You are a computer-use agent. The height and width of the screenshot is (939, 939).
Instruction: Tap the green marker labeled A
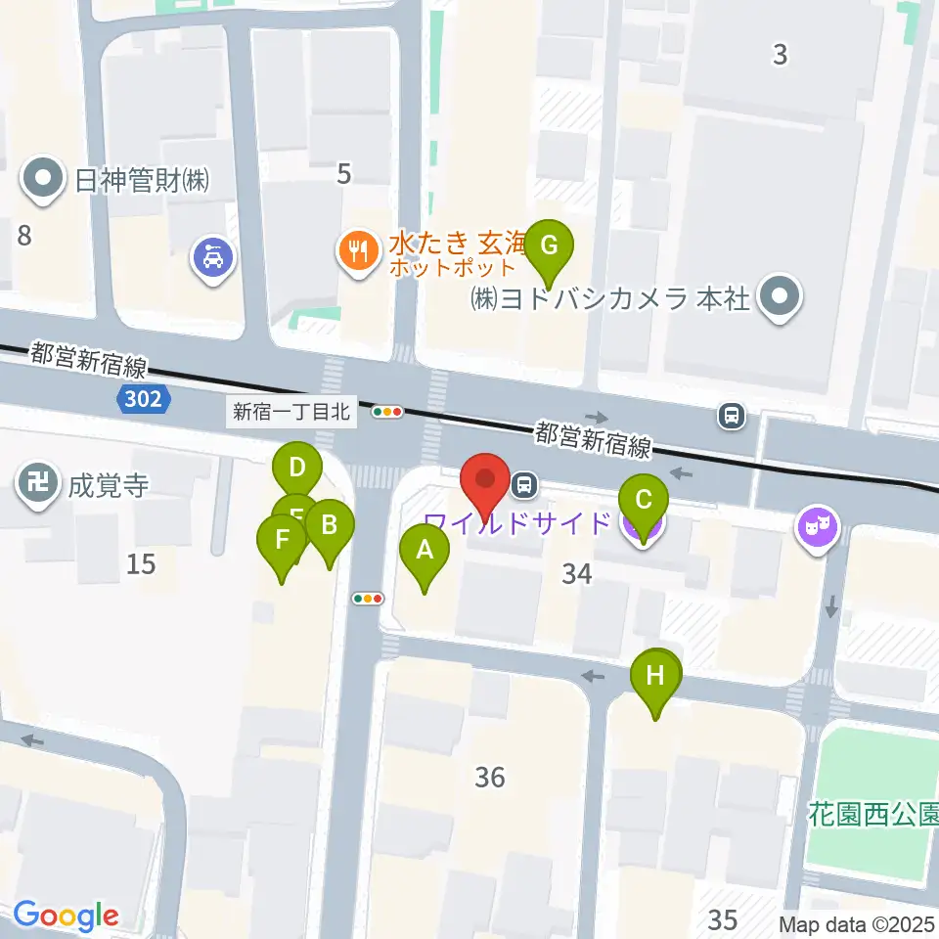tap(425, 552)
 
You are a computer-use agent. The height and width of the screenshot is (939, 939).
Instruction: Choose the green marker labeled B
tap(329, 527)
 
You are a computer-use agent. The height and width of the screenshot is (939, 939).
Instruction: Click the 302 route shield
tap(146, 398)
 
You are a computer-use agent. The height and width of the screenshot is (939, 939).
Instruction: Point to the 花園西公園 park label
tap(873, 813)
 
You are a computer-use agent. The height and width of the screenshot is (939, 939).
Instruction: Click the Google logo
tap(66, 916)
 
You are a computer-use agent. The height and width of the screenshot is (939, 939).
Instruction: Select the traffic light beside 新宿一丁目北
tap(388, 412)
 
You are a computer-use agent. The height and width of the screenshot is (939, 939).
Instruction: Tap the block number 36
tap(490, 777)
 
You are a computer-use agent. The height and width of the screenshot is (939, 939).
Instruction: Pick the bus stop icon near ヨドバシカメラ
tap(731, 416)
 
